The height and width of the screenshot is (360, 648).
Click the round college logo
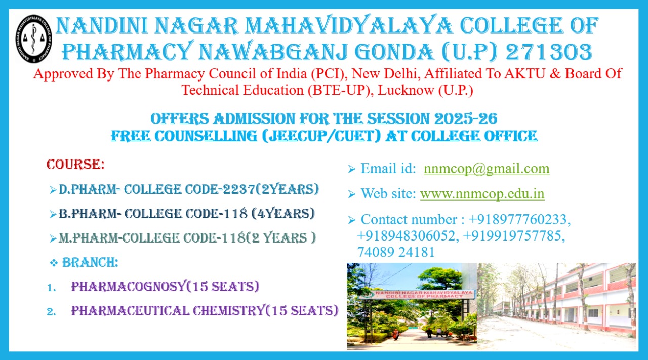point(34,39)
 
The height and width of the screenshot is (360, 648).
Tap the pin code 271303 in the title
point(549,52)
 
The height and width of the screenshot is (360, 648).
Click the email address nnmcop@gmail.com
point(487,169)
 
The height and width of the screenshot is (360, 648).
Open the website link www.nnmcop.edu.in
point(482,193)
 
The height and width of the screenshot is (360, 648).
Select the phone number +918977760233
point(519,219)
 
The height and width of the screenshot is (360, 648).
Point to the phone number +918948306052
point(408,235)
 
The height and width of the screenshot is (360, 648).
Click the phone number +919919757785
point(513,235)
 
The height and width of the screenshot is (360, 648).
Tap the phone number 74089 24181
point(396,252)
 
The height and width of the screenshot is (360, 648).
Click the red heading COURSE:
point(75,165)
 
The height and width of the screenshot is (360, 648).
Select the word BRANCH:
point(90,262)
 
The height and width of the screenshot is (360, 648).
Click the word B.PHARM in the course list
point(88,214)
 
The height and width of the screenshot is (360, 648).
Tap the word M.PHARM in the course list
point(89,238)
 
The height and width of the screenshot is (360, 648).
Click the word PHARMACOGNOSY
point(128,287)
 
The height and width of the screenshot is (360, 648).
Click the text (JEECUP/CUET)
point(321,136)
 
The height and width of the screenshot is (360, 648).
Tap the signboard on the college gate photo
point(417,295)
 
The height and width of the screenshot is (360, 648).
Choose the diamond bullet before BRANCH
point(54,263)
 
